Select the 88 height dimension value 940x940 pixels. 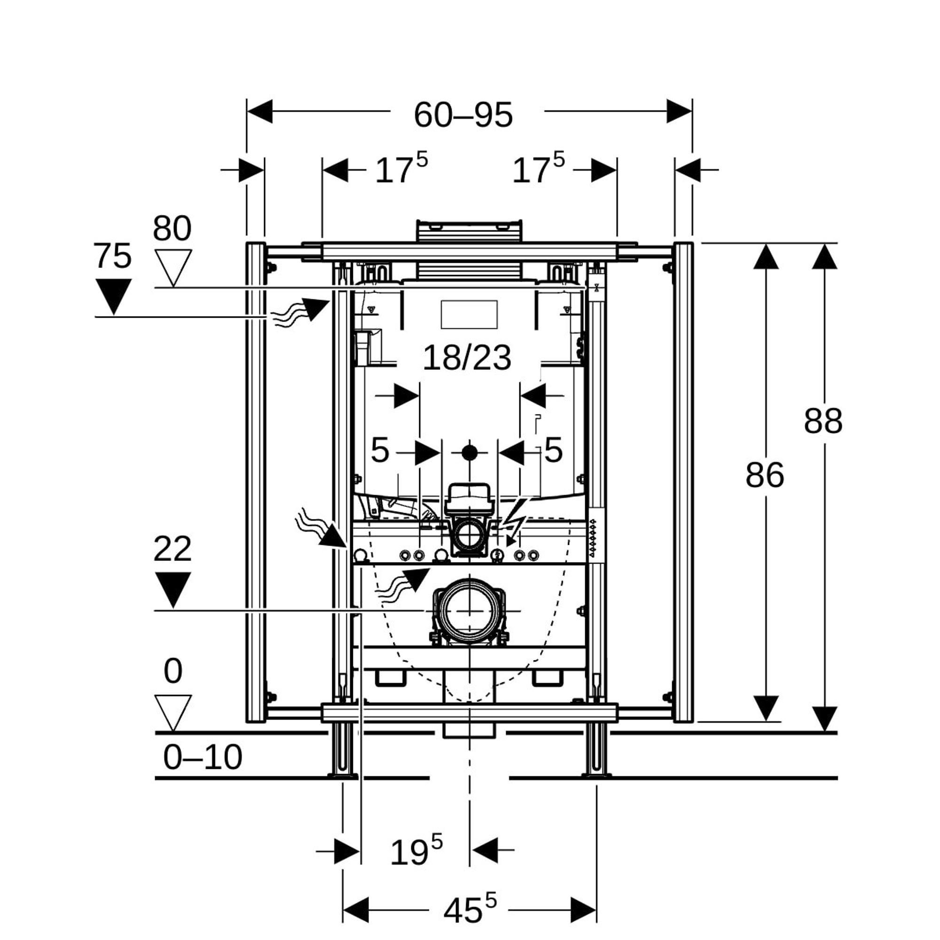(x=823, y=421)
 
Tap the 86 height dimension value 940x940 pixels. (x=764, y=475)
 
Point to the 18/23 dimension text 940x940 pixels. (x=467, y=358)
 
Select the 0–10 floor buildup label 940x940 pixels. (x=203, y=758)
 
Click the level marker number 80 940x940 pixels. (x=172, y=228)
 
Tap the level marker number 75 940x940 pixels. (x=112, y=256)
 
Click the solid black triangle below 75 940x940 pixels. (x=113, y=294)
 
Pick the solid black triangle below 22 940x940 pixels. (x=172, y=588)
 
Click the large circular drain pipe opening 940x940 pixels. (x=470, y=611)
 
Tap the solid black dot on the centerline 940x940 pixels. (x=470, y=453)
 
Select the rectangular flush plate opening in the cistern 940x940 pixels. (x=469, y=314)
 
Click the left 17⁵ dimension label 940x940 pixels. (x=401, y=169)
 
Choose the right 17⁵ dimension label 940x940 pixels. (x=538, y=169)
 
